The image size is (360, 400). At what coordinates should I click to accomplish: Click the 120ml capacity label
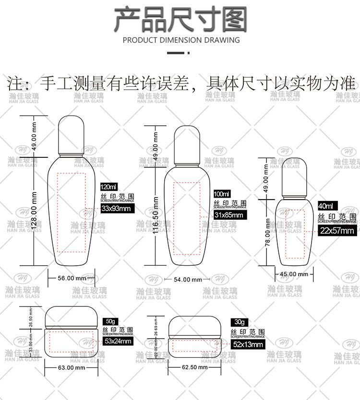coord(108,186)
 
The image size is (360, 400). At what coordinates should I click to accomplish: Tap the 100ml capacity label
coord(221,193)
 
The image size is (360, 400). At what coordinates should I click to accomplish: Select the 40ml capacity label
coord(325,205)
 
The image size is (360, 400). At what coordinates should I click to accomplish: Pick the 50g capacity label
coord(111,321)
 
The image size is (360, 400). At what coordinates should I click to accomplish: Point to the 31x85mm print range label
coord(228,215)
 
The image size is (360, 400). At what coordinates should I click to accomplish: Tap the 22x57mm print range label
coord(336,231)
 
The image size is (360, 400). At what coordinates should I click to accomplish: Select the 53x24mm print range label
coord(117,341)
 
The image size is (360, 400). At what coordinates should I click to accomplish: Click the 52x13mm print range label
coord(248,344)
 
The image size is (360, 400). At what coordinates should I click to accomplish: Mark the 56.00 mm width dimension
coord(72,278)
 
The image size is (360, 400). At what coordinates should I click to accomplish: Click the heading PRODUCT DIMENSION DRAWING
coord(181,40)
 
